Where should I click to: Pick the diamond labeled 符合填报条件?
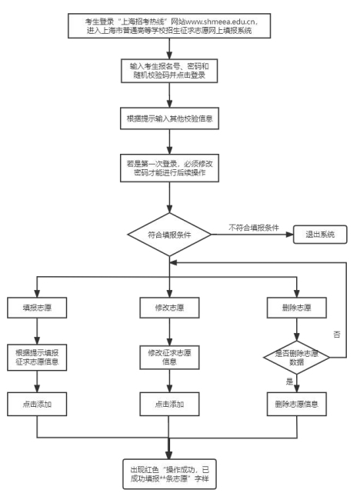pyautogui.click(x=169, y=235)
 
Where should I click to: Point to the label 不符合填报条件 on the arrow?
pyautogui.click(x=253, y=228)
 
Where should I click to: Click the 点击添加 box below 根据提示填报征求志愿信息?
pyautogui.click(x=37, y=404)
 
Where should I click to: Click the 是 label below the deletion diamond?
pyautogui.click(x=289, y=381)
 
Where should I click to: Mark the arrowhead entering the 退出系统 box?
pyautogui.click(x=291, y=235)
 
